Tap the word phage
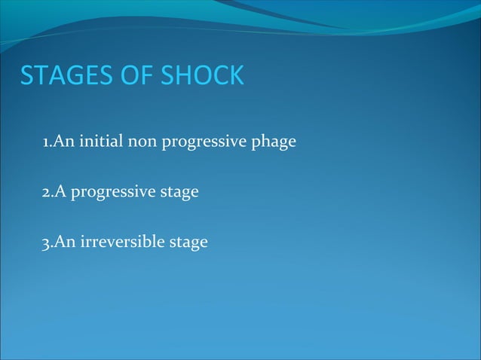click(274, 143)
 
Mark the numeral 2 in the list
click(46, 192)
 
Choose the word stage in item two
click(179, 194)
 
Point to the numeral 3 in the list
click(46, 243)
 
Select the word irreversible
click(122, 243)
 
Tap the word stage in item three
click(188, 244)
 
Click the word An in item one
click(62, 142)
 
